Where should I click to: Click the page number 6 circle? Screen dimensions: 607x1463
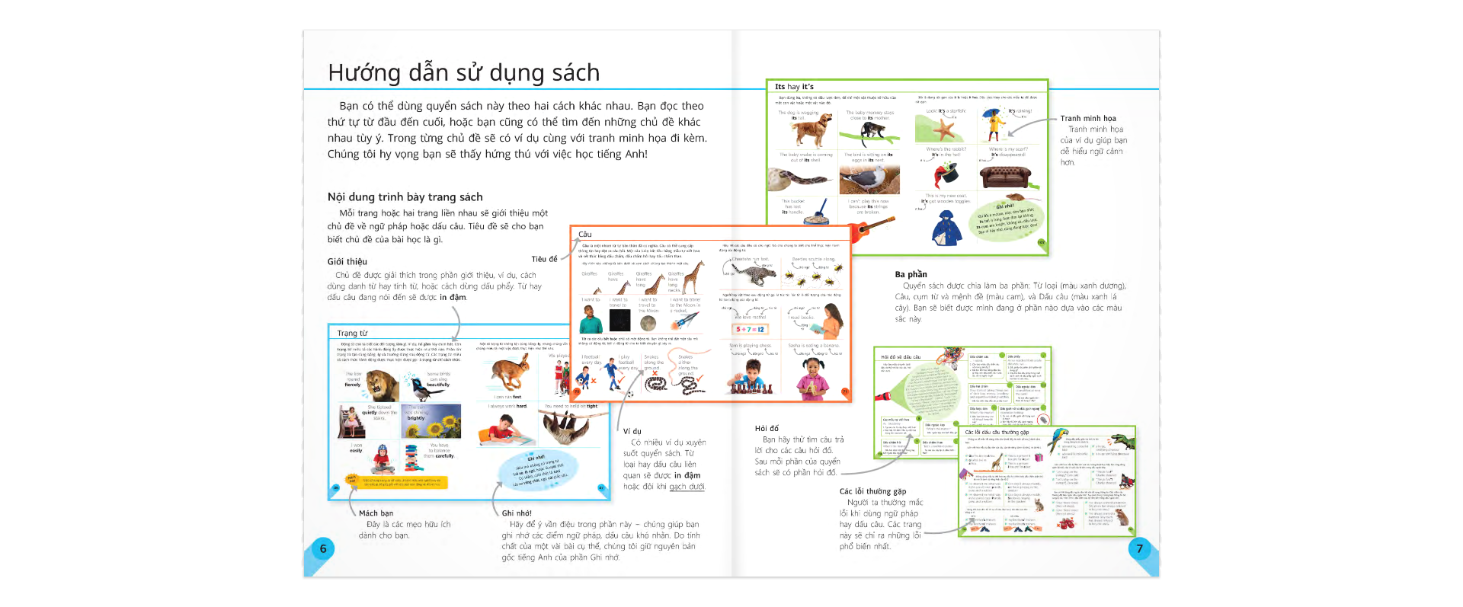pyautogui.click(x=323, y=548)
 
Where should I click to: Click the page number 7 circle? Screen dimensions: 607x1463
pyautogui.click(x=1139, y=548)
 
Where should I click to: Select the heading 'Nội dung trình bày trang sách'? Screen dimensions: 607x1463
pyautogui.click(x=405, y=197)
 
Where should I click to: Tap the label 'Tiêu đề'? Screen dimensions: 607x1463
pyautogui.click(x=544, y=259)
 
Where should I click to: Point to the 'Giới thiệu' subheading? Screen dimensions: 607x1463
pyautogui.click(x=347, y=261)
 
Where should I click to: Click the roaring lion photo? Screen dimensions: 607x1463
pyautogui.click(x=382, y=385)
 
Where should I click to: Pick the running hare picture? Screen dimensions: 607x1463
pyautogui.click(x=510, y=372)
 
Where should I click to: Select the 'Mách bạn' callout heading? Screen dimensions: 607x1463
pyautogui.click(x=376, y=513)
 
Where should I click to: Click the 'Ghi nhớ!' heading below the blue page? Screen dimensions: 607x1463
pyautogui.click(x=517, y=513)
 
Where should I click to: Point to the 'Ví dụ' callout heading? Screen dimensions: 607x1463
pyautogui.click(x=632, y=431)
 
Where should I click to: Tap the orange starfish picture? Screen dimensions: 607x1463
pyautogui.click(x=943, y=129)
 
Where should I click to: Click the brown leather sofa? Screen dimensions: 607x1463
pyautogui.click(x=1004, y=177)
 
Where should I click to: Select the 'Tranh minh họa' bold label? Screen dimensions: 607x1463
pyautogui.click(x=1088, y=118)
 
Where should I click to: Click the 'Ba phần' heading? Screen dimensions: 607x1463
pyautogui.click(x=911, y=274)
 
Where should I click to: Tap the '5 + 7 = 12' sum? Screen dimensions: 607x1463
pyautogui.click(x=750, y=329)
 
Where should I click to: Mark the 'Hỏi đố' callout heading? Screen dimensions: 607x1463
pyautogui.click(x=767, y=429)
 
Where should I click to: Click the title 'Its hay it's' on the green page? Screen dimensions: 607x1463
pyautogui.click(x=794, y=87)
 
